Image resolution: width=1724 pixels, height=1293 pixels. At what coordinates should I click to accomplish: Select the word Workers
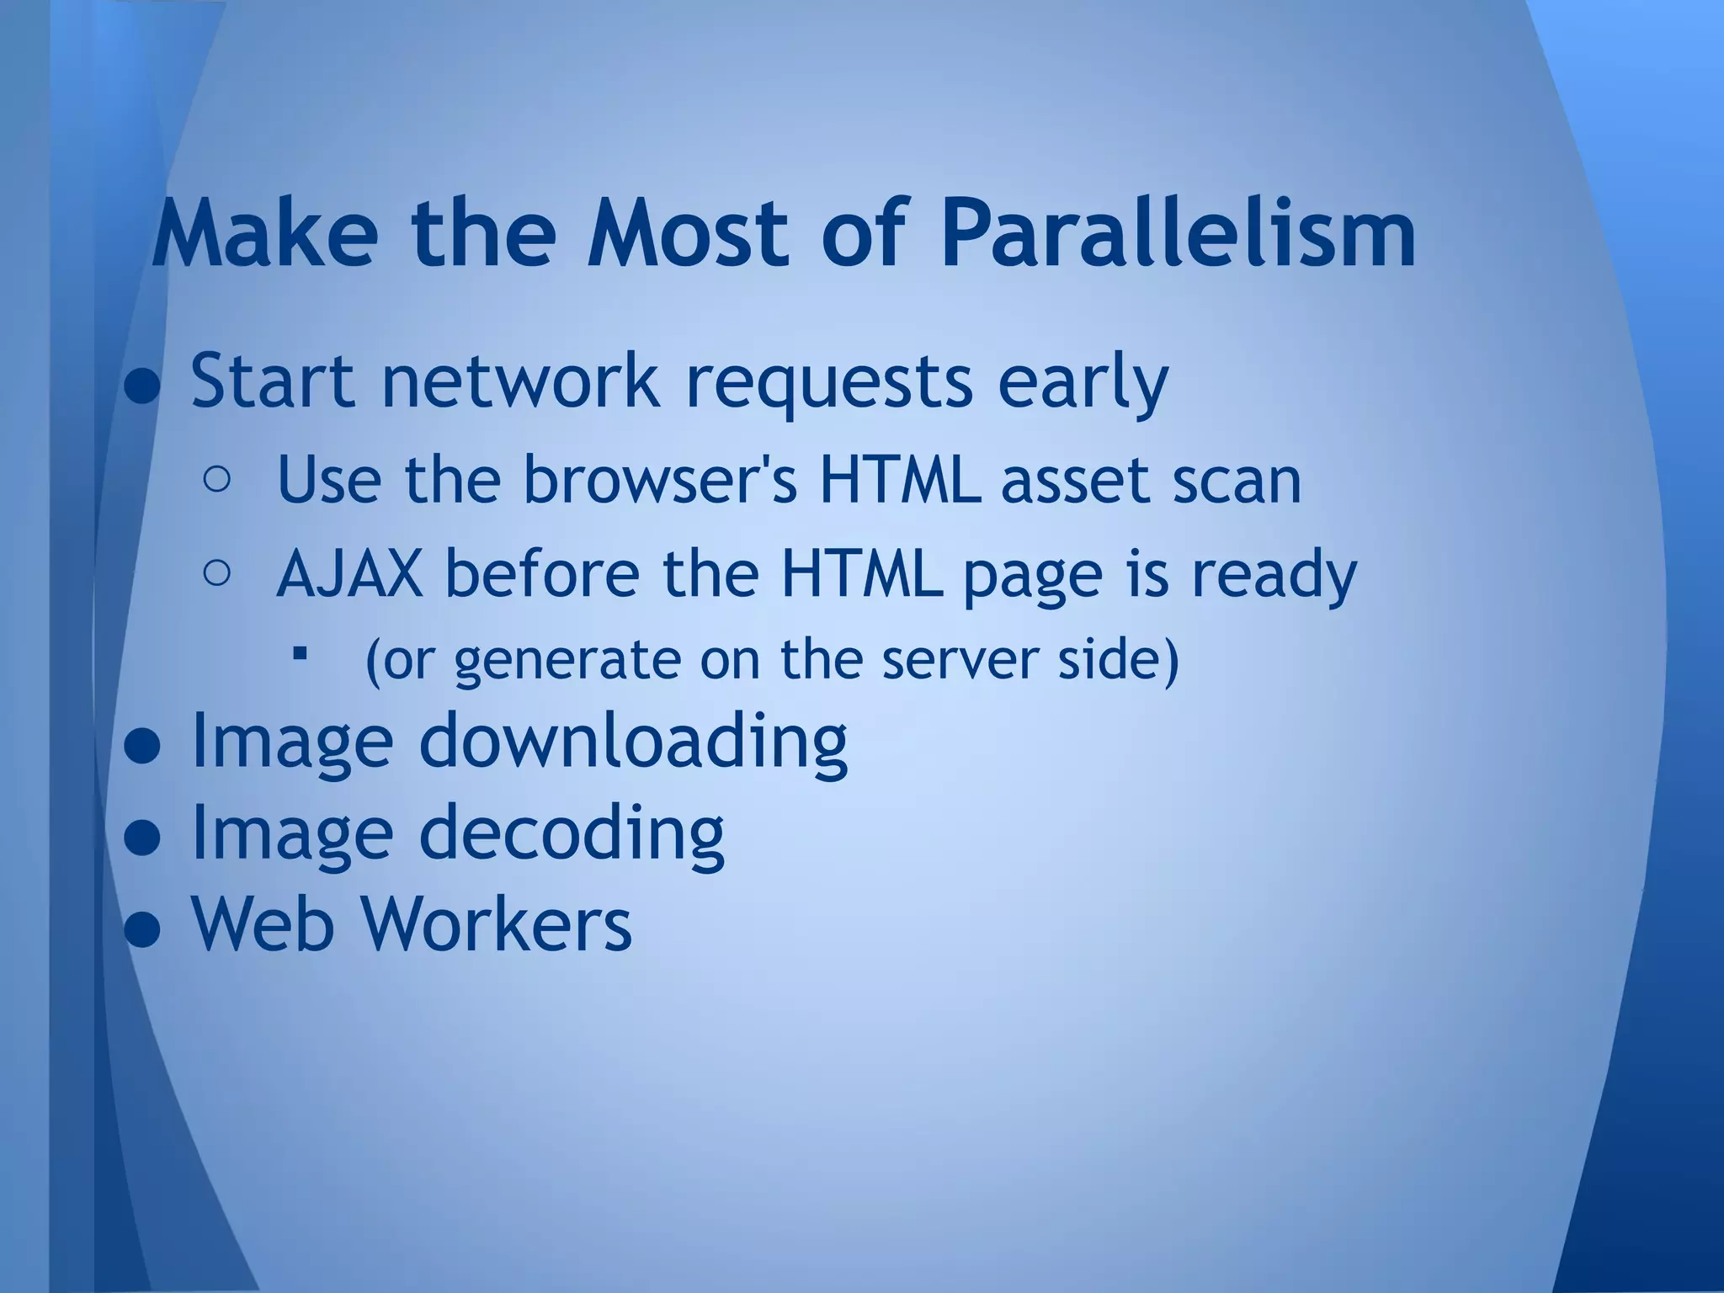click(498, 923)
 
